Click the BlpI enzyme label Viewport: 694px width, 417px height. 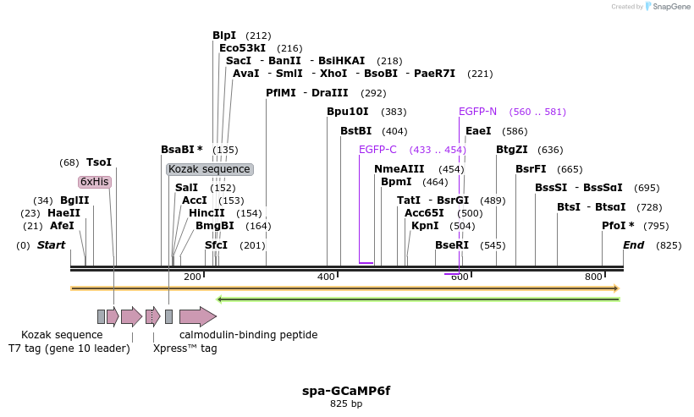pyautogui.click(x=224, y=36)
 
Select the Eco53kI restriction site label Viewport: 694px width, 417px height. pyautogui.click(x=242, y=48)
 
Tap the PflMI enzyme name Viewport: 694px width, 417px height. pyautogui.click(x=280, y=93)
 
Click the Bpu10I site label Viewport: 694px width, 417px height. pyautogui.click(x=348, y=112)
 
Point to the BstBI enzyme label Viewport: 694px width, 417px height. pyautogui.click(x=355, y=131)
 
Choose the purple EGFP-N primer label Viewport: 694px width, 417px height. pyautogui.click(x=477, y=112)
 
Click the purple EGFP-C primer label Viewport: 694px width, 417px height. pyautogui.click(x=377, y=150)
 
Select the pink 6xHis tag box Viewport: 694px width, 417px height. pyautogui.click(x=95, y=182)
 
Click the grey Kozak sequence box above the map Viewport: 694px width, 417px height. pyautogui.click(x=209, y=169)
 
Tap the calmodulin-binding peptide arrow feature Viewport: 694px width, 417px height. pyautogui.click(x=197, y=317)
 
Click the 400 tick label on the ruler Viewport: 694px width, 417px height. pyautogui.click(x=327, y=277)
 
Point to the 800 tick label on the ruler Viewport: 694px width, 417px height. pyautogui.click(x=593, y=277)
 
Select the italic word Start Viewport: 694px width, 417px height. pyautogui.click(x=51, y=245)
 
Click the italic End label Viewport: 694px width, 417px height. pyautogui.click(x=633, y=245)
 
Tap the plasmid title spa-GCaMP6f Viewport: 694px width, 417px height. pyautogui.click(x=346, y=391)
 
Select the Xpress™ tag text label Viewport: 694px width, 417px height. pyautogui.click(x=185, y=348)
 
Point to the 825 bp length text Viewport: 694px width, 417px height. pyautogui.click(x=346, y=404)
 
